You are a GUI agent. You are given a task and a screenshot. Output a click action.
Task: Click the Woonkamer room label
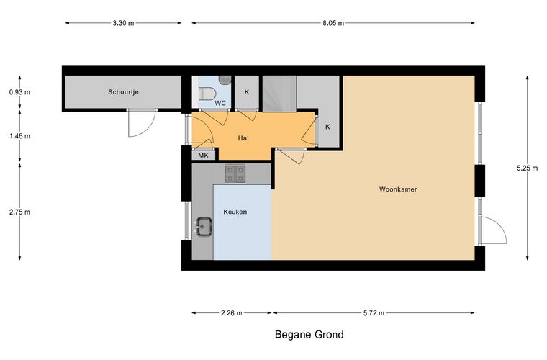pos(398,189)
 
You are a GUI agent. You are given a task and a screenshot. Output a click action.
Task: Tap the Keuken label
pos(235,212)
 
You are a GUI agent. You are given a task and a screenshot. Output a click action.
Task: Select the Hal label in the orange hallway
pos(243,138)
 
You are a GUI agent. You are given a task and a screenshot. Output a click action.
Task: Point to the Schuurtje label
pos(123,92)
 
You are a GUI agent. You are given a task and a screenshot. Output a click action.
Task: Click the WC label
pos(220,103)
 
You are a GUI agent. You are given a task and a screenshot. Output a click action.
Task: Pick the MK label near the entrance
pos(203,156)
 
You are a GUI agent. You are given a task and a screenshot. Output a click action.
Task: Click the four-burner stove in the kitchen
pos(235,174)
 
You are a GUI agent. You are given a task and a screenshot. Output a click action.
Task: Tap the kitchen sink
pos(204,227)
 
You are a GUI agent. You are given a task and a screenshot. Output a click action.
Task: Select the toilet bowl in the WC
pos(207,94)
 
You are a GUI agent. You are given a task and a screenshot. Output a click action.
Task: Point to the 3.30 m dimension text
pos(123,23)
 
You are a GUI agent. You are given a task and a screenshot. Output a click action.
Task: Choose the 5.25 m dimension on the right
pos(527,168)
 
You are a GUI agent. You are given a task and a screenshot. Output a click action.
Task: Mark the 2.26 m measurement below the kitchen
pos(231,313)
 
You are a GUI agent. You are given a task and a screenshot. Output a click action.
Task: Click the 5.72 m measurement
pos(374,313)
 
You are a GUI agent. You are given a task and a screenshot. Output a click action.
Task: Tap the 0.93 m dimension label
pos(19,92)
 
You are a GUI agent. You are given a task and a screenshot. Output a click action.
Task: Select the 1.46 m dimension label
pos(19,136)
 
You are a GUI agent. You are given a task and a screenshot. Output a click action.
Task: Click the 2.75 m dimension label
pos(19,212)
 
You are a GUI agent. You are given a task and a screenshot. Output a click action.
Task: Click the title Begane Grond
pos(309,335)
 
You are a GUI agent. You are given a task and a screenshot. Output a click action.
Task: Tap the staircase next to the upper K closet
pos(279,94)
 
